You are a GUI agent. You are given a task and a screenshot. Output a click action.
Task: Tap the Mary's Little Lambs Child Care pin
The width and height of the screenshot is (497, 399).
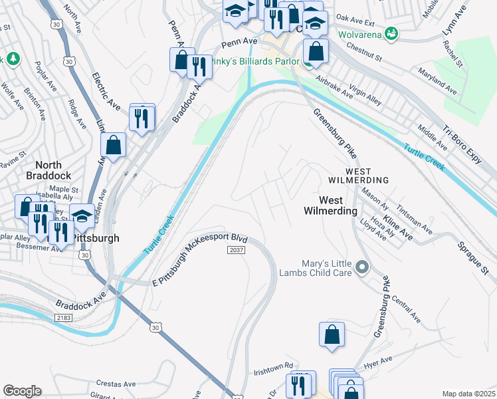pyautogui.click(x=361, y=268)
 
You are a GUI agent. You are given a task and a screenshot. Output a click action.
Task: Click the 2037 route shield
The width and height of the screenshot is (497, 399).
pyautogui.click(x=236, y=250)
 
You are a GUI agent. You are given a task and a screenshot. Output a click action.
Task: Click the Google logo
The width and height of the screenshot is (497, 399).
pyautogui.click(x=22, y=391)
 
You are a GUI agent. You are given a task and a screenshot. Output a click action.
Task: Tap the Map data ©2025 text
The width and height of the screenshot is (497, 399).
pyautogui.click(x=468, y=394)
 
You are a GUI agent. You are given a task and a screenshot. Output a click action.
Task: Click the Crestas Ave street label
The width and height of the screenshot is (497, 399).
pyautogui.click(x=116, y=384)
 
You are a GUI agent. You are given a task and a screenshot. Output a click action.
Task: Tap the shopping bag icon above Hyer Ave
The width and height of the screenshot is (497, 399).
pyautogui.click(x=332, y=334)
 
